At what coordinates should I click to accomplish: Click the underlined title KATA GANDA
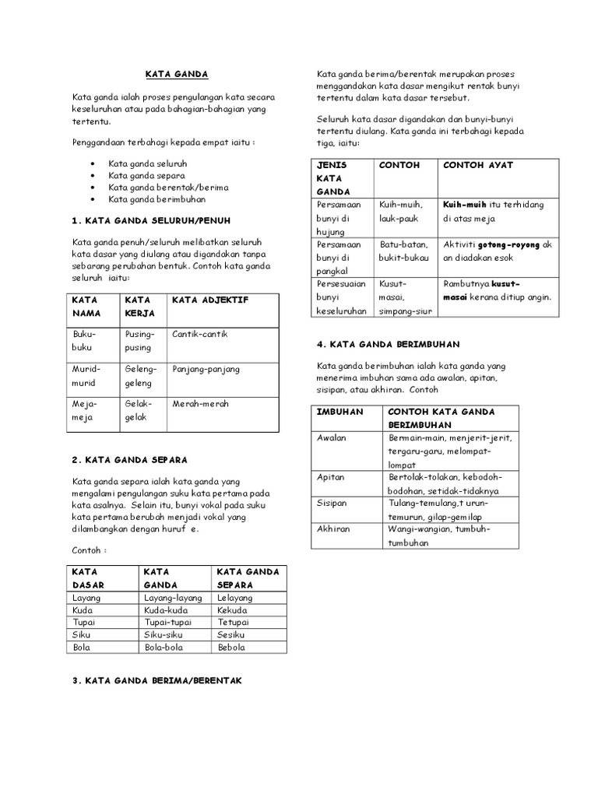coord(177,74)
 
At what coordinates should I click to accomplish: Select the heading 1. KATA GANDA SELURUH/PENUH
coord(151,220)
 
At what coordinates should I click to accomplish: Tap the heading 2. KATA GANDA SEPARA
coord(129,459)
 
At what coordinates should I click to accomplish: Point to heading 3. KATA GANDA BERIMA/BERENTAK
coord(157,680)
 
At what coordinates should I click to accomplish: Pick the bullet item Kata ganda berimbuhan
coord(151,199)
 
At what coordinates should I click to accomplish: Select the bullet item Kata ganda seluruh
coord(147,164)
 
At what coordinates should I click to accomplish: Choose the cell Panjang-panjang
coord(206,369)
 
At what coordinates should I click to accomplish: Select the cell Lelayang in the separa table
coord(234,597)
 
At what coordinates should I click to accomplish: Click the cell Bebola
coord(231,647)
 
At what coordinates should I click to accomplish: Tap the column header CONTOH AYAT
coord(478,165)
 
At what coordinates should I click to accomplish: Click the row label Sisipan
coord(333,503)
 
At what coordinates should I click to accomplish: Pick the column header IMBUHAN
coord(340,411)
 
